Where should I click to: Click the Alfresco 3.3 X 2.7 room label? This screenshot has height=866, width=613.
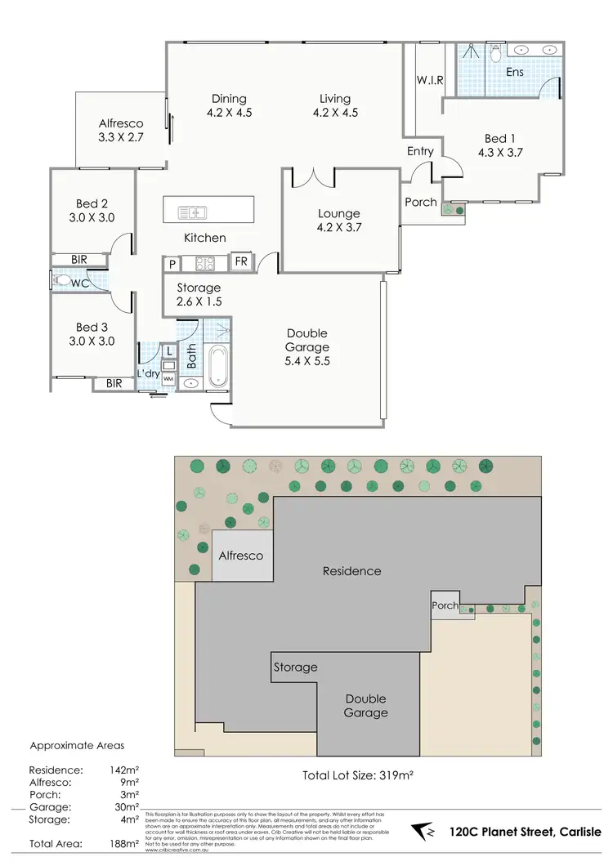click(x=121, y=131)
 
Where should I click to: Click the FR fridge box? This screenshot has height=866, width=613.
click(x=241, y=262)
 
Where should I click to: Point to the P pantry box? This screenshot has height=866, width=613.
click(x=172, y=263)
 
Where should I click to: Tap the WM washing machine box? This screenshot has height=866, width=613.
click(x=168, y=379)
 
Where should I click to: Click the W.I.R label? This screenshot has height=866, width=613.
click(x=429, y=80)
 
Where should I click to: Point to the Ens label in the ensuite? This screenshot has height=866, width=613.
click(x=514, y=72)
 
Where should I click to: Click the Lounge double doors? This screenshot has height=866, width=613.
click(x=303, y=176)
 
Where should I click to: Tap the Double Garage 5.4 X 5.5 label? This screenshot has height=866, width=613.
click(x=307, y=347)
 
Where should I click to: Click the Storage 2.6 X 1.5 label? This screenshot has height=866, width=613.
click(x=199, y=294)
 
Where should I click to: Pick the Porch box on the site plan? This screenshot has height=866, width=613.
click(x=445, y=605)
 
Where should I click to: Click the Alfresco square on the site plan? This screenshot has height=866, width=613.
click(x=241, y=556)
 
